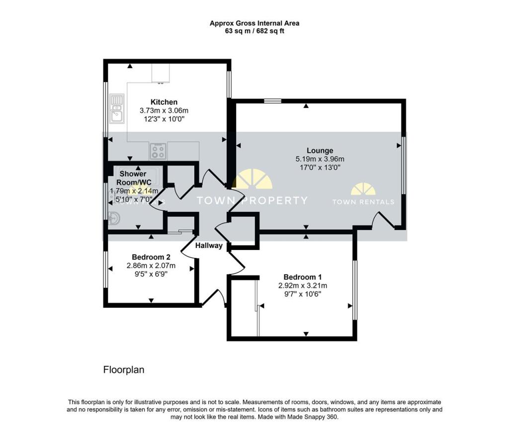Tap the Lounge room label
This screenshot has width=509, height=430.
click(320, 151)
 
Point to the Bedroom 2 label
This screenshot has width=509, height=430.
click(151, 257)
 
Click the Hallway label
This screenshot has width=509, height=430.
click(209, 246)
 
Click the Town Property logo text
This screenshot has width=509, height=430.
click(252, 201)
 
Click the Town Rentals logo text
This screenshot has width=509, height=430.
click(363, 202)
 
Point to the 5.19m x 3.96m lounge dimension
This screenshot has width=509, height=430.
click(320, 159)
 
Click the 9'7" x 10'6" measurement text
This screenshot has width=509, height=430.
click(302, 294)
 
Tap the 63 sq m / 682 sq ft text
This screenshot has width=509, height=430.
click(254, 31)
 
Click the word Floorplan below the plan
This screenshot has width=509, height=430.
click(123, 370)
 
